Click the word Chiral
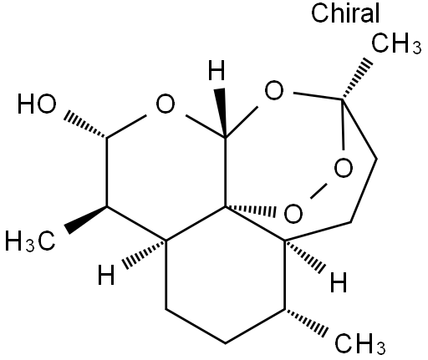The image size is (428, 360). click(345, 13)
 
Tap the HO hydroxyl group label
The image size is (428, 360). click(37, 104)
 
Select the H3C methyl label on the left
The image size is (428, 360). click(30, 241)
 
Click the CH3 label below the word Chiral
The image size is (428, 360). click(396, 43)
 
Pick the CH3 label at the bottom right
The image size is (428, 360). click(360, 343)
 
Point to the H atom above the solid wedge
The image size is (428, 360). click(217, 70)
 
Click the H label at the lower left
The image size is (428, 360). click(106, 275)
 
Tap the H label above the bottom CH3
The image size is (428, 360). click(339, 282)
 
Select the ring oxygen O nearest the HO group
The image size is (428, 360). click(166, 104)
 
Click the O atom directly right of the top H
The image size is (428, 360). click(274, 90)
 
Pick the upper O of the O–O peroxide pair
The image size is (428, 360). click(344, 169)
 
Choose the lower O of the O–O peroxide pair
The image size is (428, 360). click(293, 214)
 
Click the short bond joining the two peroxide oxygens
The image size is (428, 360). click(318, 190)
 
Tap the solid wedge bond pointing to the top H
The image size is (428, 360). click(222, 113)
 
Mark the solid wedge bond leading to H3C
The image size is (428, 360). click(86, 220)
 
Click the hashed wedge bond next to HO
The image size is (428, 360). click(86, 125)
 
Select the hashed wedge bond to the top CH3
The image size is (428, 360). click(357, 79)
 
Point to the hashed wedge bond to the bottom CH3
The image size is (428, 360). click(306, 323)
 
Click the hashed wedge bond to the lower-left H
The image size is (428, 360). click(145, 254)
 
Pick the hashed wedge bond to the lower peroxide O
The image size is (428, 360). click(251, 210)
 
